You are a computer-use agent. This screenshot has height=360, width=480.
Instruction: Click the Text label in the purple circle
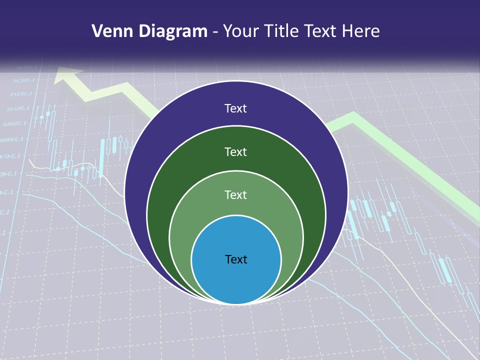coord(236,108)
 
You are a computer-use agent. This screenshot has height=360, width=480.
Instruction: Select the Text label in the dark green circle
coord(236,151)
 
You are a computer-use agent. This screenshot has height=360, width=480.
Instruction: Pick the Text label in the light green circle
coord(236,194)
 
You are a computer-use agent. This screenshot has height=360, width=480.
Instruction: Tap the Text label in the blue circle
coord(236,259)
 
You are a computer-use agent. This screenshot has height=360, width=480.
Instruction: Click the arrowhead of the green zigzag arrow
coord(67,75)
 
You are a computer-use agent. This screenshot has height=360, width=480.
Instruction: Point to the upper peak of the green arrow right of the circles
coord(353,117)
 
